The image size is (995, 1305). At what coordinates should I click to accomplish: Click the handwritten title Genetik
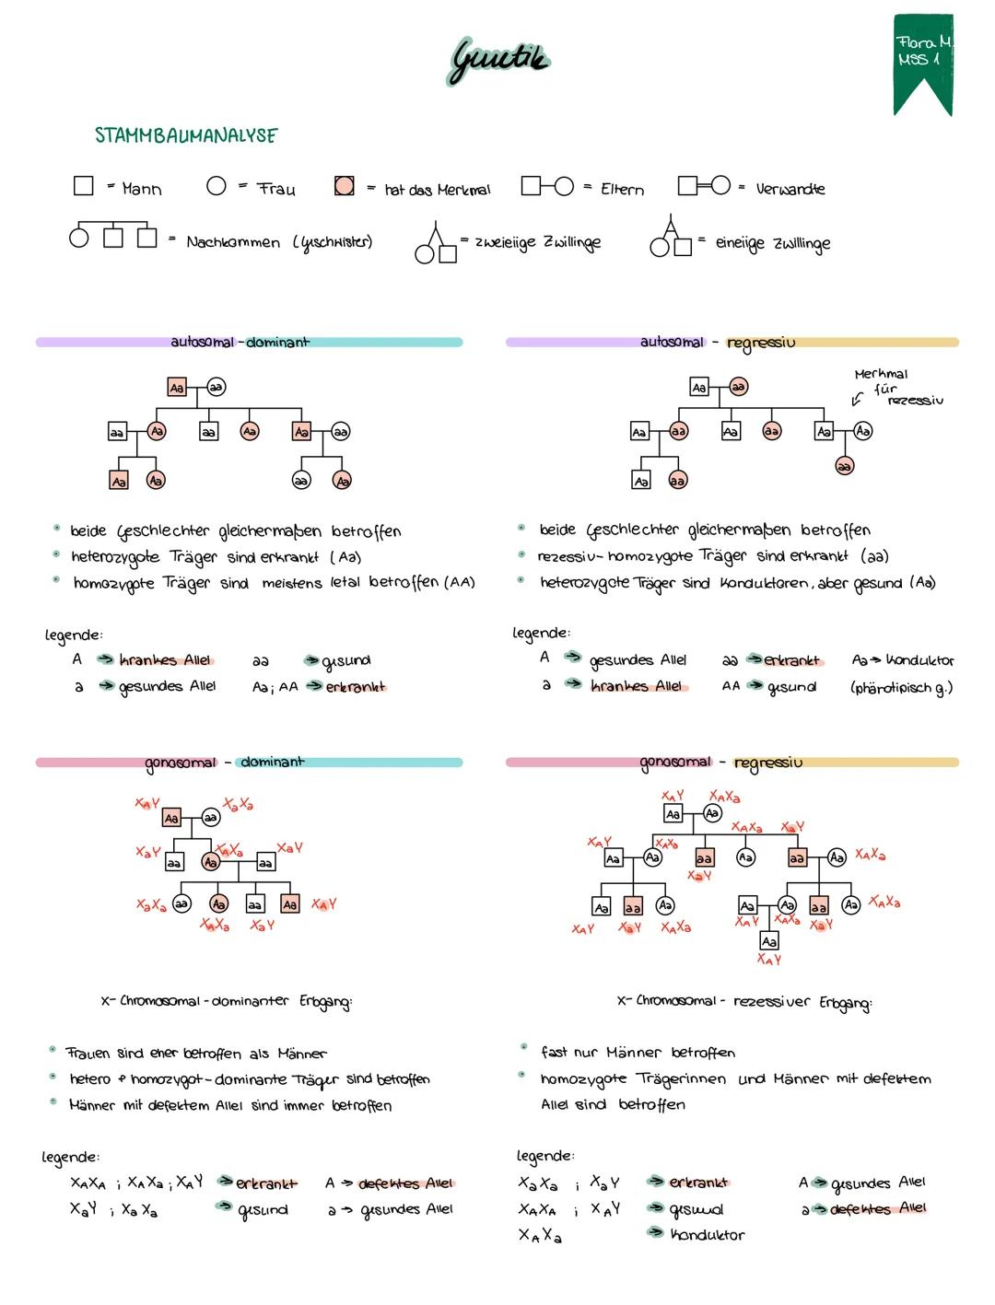498,60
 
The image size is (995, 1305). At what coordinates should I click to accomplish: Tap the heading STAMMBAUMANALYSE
186,135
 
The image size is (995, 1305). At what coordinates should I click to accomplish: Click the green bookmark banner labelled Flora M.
922,60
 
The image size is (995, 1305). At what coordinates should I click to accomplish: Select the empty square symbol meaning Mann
84,186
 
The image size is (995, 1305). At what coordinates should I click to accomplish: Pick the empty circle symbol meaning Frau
217,186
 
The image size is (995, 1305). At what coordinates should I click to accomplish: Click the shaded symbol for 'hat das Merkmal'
345,187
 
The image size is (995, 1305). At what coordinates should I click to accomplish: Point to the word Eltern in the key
622,189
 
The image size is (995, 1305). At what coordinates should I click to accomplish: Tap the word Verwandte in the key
790,189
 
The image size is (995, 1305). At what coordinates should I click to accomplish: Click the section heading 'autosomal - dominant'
240,342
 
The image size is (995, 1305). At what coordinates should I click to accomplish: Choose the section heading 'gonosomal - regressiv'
721,762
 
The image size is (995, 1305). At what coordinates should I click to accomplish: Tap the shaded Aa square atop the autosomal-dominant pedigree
177,388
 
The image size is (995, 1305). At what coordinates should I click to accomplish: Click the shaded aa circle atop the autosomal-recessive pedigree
738,388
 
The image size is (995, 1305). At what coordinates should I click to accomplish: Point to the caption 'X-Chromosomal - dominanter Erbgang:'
227,1001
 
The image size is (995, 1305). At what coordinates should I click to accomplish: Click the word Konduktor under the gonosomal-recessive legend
707,1234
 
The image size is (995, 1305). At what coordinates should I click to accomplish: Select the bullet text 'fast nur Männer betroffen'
638,1052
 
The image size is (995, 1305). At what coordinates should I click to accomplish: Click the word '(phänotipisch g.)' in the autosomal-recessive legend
901,687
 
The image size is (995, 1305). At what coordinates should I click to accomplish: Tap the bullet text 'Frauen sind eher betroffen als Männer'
195,1053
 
